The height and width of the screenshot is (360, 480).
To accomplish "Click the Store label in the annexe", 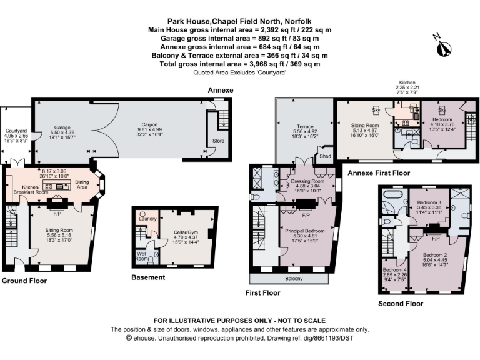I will point(219,141).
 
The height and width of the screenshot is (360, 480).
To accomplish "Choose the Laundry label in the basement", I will point(148,219).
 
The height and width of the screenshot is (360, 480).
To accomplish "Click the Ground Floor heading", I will point(24,281).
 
